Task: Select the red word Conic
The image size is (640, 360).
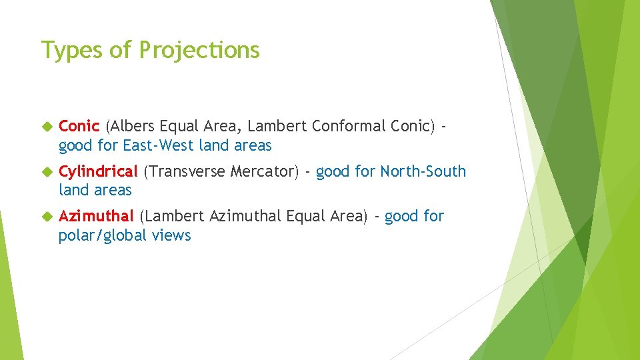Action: (x=79, y=125)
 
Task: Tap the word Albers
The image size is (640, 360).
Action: (x=131, y=125)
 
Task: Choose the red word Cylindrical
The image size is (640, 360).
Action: (x=97, y=171)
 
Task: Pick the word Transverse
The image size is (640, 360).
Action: (x=185, y=171)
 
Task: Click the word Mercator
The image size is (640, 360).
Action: (x=265, y=171)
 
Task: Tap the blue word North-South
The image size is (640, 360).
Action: (x=423, y=171)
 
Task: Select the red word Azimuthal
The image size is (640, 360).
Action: (x=97, y=216)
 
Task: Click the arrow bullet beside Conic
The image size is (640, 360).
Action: (x=46, y=126)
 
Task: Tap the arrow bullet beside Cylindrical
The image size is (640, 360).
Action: (x=46, y=172)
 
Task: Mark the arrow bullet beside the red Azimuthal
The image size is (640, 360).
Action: (x=46, y=217)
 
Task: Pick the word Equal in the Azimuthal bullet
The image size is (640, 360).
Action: (x=305, y=216)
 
